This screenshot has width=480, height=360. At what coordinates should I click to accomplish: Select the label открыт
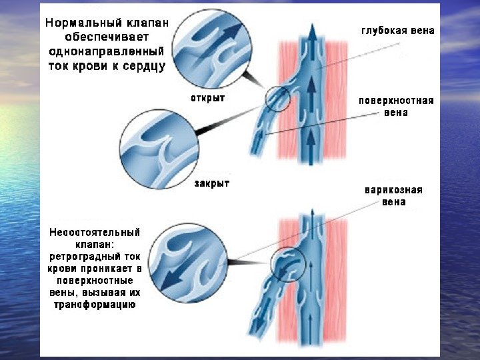click(x=208, y=98)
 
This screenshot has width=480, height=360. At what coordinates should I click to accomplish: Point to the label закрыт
click(x=211, y=183)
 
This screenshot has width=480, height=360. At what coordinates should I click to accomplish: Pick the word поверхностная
click(x=396, y=101)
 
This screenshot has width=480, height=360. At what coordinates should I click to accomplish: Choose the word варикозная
click(x=393, y=189)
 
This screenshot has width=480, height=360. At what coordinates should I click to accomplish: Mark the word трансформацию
click(x=95, y=305)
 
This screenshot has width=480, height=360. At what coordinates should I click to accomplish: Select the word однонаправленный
click(x=107, y=52)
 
